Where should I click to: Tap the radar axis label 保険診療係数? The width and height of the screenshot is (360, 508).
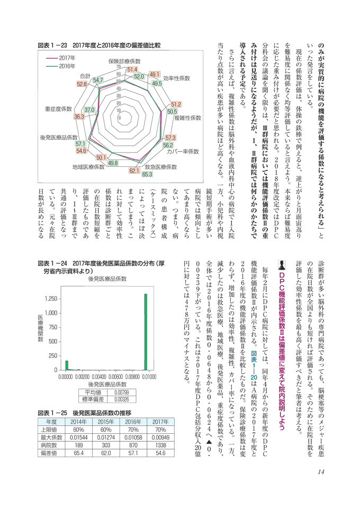tap(127, 60)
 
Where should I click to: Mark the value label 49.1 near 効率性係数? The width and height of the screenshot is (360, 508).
tap(155, 75)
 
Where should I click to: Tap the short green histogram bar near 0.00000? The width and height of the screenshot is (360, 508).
tap(67, 366)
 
